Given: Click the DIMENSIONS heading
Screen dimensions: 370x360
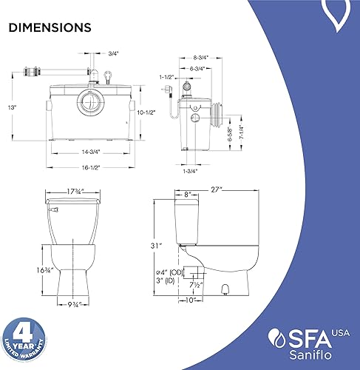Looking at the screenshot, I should point(50,28).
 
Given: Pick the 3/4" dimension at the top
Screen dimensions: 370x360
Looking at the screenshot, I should point(113,53).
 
